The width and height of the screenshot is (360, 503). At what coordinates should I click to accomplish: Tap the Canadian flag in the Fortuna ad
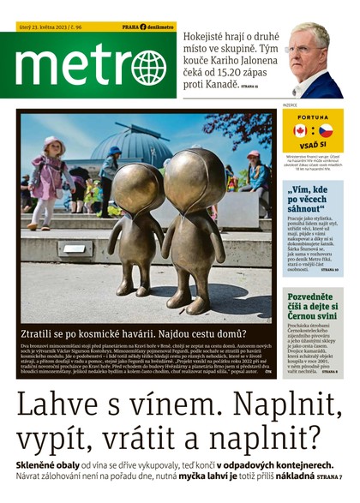(x=299, y=130)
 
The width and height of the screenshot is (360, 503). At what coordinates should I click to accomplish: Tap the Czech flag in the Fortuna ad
(x=326, y=130)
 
